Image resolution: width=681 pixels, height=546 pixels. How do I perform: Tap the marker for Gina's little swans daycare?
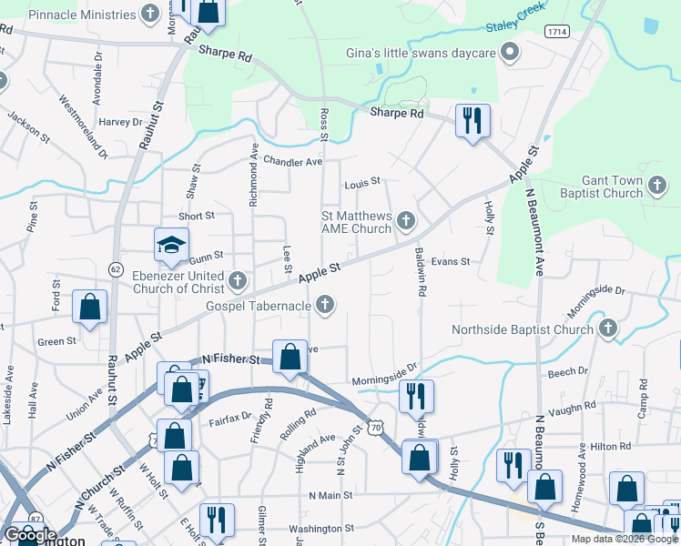511,53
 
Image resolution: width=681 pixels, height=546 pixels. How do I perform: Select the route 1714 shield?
557,31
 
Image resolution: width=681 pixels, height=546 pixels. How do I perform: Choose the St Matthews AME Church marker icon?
407,220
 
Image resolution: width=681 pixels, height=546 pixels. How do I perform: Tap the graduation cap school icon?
170,245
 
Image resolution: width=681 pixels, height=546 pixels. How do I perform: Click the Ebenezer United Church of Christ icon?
239,279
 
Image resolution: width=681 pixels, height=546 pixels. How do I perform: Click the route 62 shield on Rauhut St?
116,268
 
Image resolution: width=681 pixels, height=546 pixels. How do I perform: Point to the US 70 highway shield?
375,426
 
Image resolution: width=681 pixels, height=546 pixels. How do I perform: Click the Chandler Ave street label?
293,161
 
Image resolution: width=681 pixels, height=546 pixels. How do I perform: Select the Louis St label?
361,184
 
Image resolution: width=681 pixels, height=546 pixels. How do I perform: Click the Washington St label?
320,528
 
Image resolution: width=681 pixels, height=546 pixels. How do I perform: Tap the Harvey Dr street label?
116,122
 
